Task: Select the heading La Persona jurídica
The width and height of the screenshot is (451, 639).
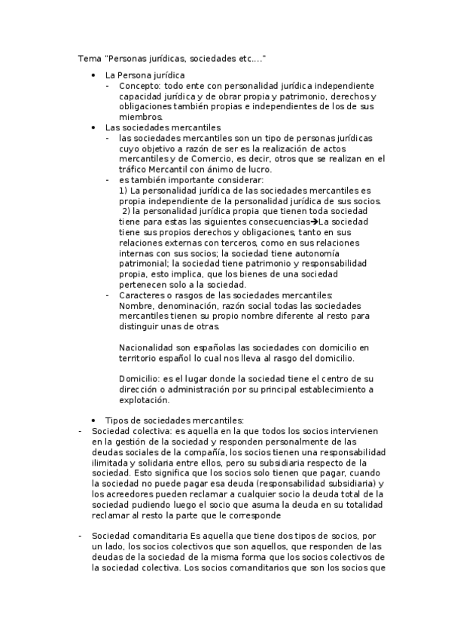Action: (145, 75)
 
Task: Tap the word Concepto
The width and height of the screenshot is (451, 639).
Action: (139, 86)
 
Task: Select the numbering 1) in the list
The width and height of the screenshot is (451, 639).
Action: (124, 191)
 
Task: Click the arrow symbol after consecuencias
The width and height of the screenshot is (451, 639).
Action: (313, 222)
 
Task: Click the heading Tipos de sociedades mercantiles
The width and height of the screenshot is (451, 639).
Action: (175, 420)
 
